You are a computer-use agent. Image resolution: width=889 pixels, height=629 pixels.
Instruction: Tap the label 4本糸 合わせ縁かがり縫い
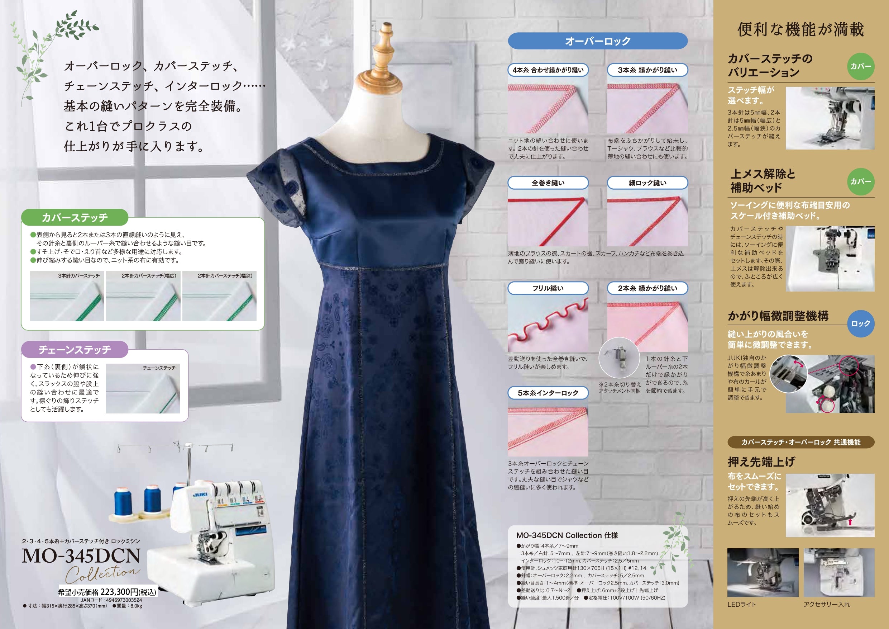[x=548, y=70]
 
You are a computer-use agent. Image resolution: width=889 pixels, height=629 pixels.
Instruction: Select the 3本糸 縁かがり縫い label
[x=647, y=70]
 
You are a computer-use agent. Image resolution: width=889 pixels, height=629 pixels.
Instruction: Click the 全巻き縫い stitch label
[x=548, y=183]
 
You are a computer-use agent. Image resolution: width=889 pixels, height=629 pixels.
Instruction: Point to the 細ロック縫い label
[x=647, y=183]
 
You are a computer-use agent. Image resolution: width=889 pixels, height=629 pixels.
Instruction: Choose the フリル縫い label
[x=548, y=288]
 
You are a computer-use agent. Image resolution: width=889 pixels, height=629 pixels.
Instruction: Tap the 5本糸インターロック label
[x=548, y=393]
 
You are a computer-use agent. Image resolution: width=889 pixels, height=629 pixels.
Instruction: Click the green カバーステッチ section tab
[x=75, y=217]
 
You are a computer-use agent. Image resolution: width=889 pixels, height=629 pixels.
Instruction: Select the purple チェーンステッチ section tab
[x=75, y=350]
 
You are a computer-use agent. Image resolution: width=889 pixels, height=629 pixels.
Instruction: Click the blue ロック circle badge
[x=861, y=323]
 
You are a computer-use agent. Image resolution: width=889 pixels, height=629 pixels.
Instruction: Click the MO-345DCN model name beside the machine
[x=81, y=556]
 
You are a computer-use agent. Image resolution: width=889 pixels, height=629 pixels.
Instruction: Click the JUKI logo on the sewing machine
[x=200, y=495]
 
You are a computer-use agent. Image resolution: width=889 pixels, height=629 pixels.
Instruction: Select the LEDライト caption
[x=741, y=605]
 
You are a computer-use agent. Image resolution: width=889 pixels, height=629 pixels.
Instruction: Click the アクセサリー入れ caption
[x=827, y=605]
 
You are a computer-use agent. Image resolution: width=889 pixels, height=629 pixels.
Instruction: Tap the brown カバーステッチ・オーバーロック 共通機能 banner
[x=801, y=442]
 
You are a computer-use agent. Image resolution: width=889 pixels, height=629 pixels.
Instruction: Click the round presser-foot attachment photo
[x=619, y=357]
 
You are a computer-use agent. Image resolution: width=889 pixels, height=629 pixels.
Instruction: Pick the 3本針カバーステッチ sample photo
[x=67, y=296]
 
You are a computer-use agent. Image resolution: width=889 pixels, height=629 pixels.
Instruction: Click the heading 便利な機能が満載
[x=801, y=29]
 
